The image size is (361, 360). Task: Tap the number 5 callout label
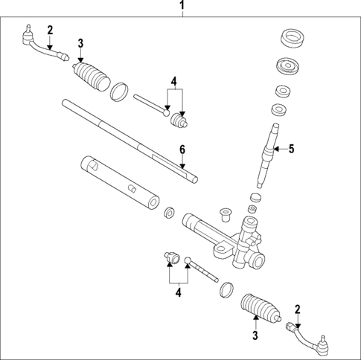(x=292, y=148)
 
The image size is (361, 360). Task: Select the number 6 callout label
(x=181, y=150)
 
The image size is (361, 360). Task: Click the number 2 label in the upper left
(x=50, y=30)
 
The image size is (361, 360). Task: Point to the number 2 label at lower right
(x=298, y=309)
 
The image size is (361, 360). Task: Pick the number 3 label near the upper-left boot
(x=80, y=42)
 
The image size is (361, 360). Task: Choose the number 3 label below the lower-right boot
(x=255, y=337)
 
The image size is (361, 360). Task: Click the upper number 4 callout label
(x=173, y=81)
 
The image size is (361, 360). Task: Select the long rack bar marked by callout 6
(x=127, y=138)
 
